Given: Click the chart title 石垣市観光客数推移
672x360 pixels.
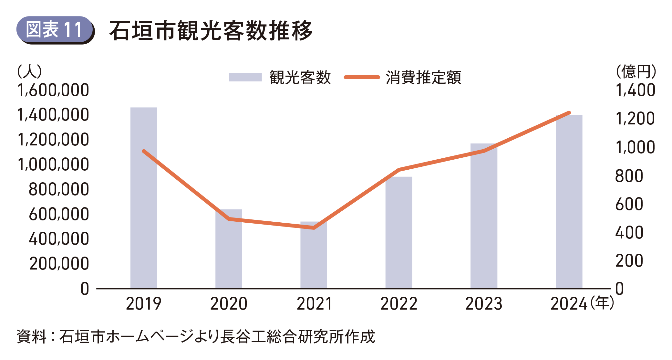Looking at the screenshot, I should tap(211, 31).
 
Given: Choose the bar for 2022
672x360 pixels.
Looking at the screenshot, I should tap(398, 233).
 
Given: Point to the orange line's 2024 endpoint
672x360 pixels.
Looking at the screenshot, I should tap(569, 113).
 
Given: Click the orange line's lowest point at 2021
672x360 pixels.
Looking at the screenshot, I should tap(314, 228).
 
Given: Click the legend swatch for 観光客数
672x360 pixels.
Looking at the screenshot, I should tap(245, 77).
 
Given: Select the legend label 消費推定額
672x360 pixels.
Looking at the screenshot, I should tap(423, 78).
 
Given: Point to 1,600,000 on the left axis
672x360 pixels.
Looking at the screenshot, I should tap(53, 90).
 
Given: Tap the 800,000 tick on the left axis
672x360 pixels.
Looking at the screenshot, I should tap(58, 189).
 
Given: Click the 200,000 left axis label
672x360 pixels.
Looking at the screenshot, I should tap(59, 264).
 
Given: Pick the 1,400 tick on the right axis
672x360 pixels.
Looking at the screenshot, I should tap(635, 90).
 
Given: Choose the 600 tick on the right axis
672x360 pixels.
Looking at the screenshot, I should tap(629, 204).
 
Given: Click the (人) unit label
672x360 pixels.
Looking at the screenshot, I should tap(29, 71).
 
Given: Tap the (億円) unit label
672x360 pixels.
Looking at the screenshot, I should tap(636, 71).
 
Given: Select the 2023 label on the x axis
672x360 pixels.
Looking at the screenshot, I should tap(483, 304).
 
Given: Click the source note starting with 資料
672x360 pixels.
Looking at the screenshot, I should tap(196, 337).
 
